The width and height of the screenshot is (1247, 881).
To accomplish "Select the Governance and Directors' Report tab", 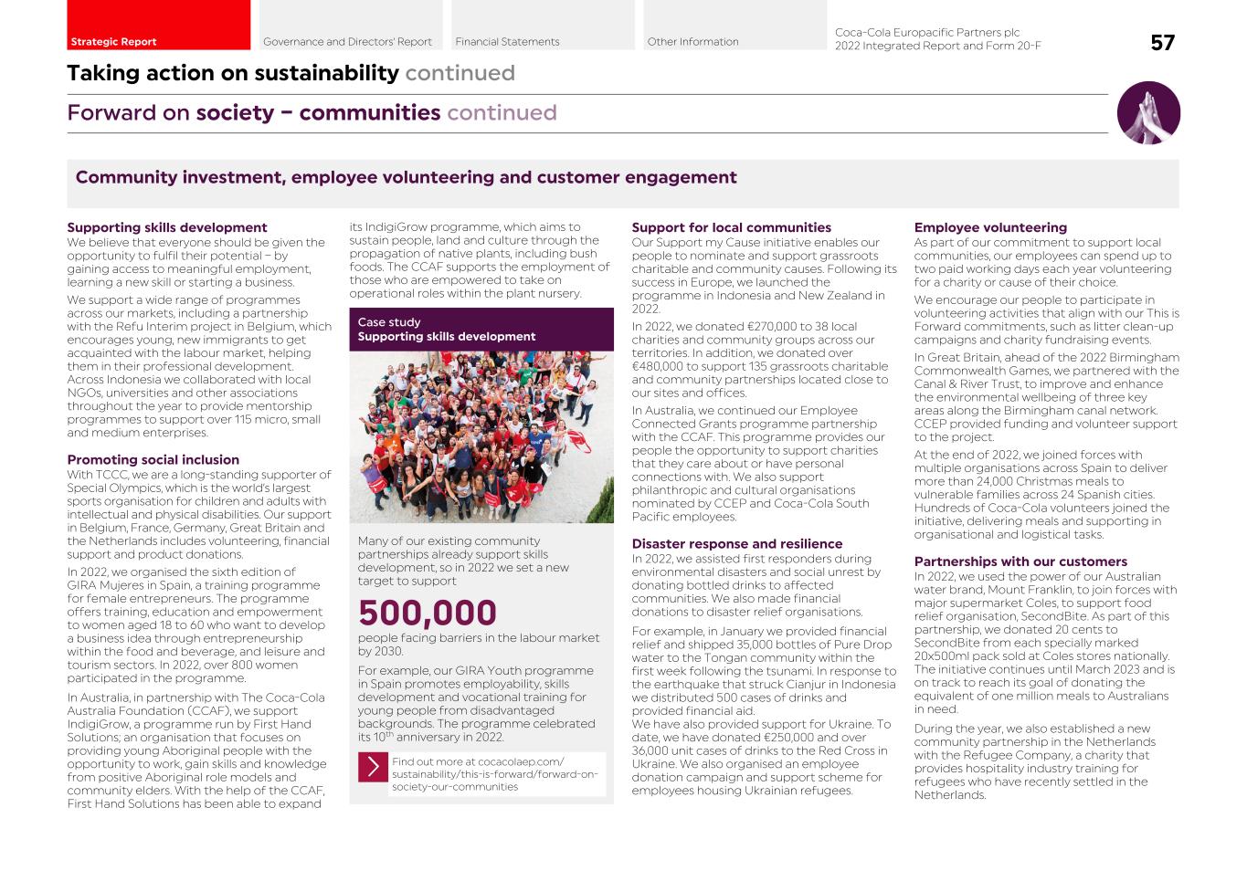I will tap(348, 41).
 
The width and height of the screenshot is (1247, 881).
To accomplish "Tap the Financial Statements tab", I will tap(508, 41).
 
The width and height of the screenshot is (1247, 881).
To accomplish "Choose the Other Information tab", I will tap(693, 41).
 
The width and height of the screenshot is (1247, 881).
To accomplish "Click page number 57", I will tap(1162, 43).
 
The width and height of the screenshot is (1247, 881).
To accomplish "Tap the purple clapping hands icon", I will tap(1148, 113).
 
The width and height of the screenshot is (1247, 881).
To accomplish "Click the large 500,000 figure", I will tap(428, 613).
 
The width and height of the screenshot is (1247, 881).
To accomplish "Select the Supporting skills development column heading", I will tap(167, 227).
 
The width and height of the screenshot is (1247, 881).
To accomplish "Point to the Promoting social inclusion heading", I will tap(153, 460).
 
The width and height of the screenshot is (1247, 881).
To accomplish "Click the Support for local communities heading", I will tap(731, 227).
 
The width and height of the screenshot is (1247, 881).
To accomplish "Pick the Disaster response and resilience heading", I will tap(736, 544).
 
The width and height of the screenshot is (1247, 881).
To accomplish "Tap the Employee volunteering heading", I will tap(990, 227).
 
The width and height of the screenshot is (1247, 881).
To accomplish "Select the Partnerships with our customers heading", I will tap(1020, 561).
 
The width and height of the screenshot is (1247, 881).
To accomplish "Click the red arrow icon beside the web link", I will tap(373, 767).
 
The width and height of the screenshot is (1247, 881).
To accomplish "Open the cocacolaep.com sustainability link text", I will tap(494, 774).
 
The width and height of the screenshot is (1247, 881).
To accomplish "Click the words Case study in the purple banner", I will tap(389, 322).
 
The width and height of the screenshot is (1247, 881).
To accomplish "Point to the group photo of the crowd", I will tap(481, 437).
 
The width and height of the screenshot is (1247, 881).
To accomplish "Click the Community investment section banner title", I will tap(406, 177).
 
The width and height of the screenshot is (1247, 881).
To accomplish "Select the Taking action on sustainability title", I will tap(233, 73).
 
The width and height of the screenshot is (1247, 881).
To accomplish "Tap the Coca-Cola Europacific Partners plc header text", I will tap(927, 33).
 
